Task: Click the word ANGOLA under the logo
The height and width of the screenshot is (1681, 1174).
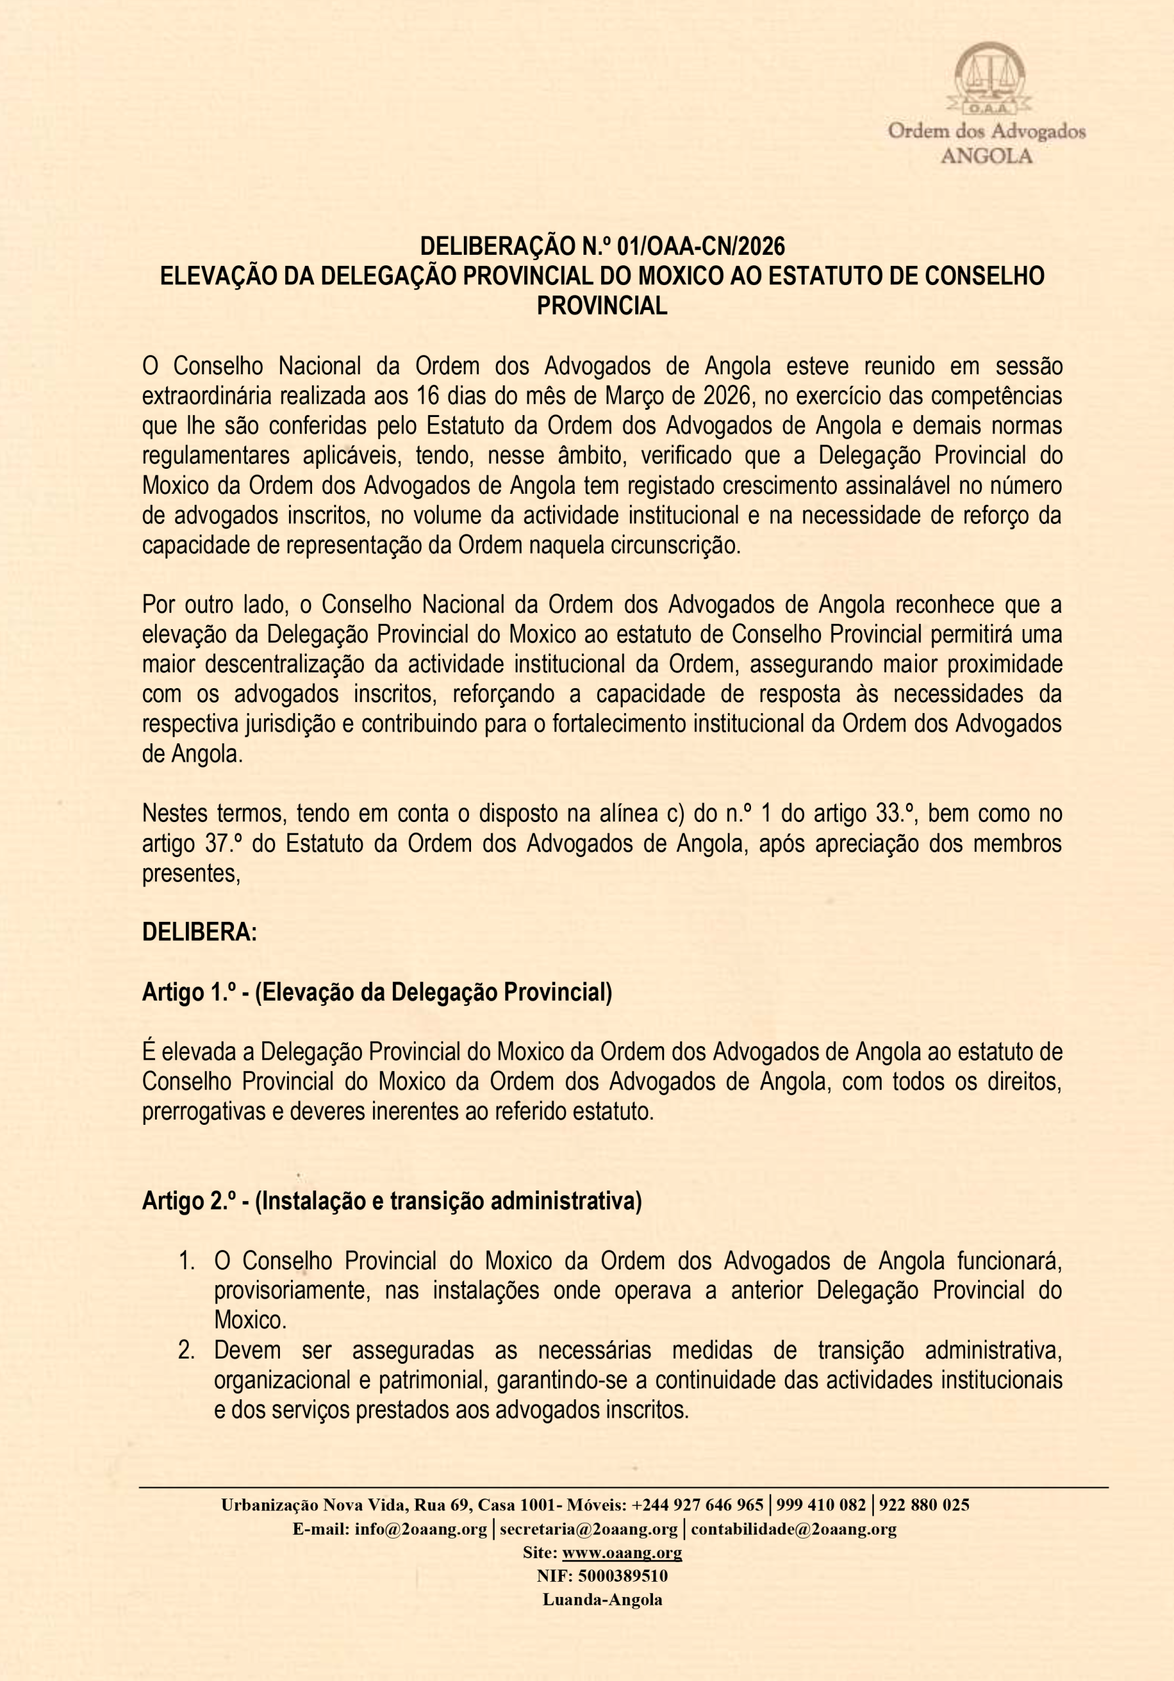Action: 986,156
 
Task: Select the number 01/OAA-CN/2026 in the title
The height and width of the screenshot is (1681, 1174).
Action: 701,246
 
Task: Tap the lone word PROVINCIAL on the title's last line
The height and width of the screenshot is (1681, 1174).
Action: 601,305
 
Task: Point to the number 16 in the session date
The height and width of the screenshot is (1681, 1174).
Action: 427,396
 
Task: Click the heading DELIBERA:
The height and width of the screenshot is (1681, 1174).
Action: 199,932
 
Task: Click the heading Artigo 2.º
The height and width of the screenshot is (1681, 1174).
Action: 188,1202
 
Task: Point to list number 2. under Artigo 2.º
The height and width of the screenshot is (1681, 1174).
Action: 187,1350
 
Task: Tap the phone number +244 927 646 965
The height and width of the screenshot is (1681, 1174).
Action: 697,1505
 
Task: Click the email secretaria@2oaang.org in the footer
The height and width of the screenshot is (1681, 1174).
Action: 589,1529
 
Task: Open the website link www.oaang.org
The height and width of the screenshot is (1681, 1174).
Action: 621,1552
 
